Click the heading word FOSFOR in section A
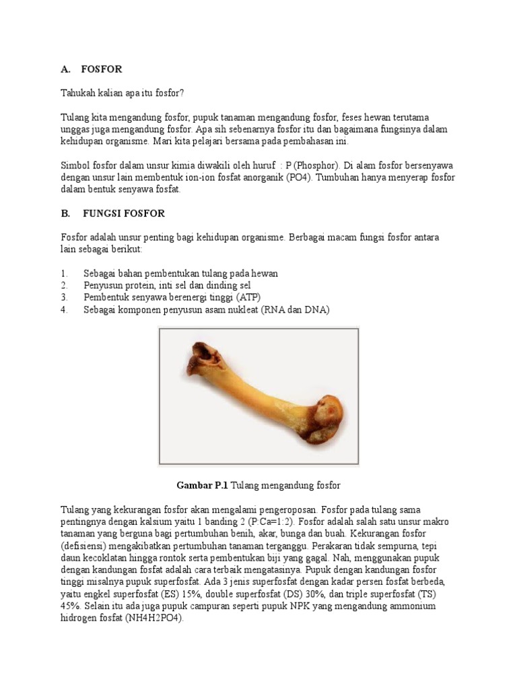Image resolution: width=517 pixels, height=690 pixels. tap(101, 69)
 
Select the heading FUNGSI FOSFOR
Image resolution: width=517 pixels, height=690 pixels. tap(124, 214)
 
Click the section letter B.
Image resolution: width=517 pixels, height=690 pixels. tap(65, 214)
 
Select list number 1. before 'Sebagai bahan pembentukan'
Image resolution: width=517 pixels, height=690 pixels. tap(64, 274)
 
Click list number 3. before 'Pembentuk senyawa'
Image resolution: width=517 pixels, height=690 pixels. tap(64, 297)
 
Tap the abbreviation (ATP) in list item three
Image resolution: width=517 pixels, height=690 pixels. tap(248, 297)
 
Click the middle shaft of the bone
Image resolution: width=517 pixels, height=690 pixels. tap(263, 398)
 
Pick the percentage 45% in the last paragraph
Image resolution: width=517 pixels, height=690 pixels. tap(69, 606)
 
